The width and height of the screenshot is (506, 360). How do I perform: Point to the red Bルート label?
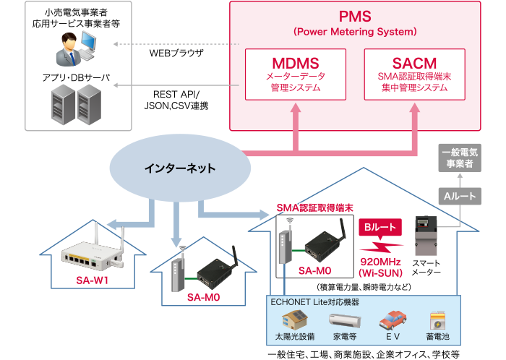[379, 228]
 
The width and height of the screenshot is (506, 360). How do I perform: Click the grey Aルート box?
[458, 196]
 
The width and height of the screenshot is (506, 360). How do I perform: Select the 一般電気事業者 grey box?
[458, 159]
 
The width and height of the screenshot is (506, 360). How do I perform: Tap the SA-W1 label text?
[92, 280]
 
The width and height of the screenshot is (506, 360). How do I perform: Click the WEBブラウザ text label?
[176, 53]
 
